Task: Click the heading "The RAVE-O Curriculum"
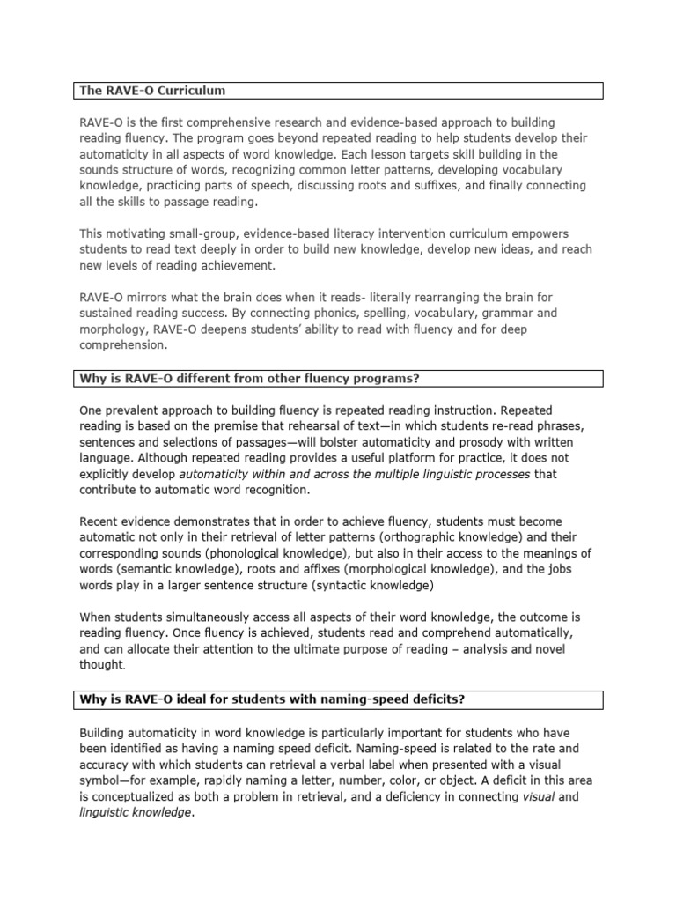pos(152,91)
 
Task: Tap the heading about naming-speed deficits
pos(272,699)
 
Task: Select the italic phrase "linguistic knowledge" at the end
pos(135,812)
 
